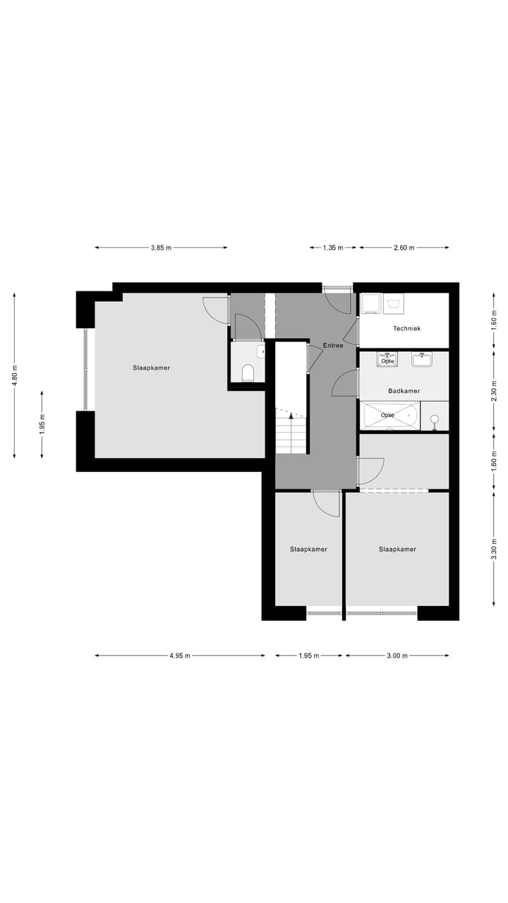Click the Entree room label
(333, 346)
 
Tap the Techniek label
(406, 329)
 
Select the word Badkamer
(404, 391)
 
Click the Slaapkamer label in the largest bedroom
(151, 368)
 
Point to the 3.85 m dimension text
(161, 248)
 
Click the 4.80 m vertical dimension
(14, 376)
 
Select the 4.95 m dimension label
(180, 655)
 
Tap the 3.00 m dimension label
(397, 655)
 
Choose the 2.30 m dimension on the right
(493, 390)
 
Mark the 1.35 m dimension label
(333, 248)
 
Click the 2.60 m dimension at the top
(404, 248)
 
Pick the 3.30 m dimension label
(493, 547)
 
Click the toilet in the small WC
(248, 372)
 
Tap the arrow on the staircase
(290, 418)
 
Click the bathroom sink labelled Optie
(387, 359)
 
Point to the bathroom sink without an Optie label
(423, 359)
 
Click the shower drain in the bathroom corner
(435, 419)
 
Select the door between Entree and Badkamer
(346, 383)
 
